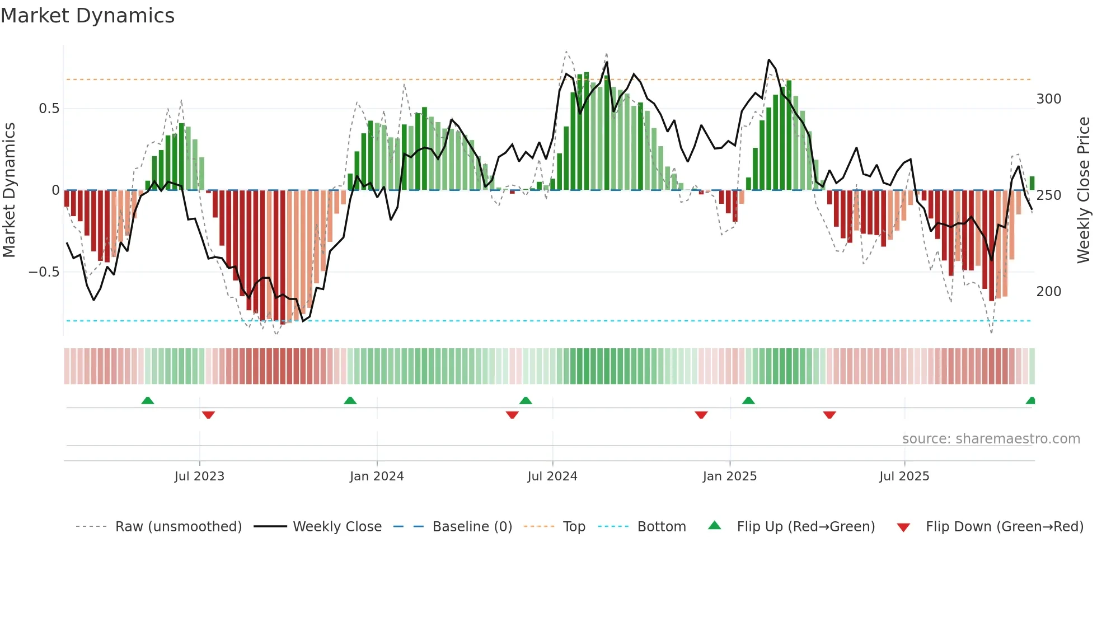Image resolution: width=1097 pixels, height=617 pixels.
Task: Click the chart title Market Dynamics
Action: pos(87,16)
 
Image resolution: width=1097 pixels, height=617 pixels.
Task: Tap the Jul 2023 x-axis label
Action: pos(199,476)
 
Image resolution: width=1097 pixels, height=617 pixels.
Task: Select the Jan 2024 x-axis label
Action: pos(377,476)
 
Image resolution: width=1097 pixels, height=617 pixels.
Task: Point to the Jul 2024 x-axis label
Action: pos(552,476)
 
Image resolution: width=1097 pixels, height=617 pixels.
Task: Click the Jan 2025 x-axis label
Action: pos(730,476)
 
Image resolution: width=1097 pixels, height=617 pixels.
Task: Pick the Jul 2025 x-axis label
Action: pos(904,476)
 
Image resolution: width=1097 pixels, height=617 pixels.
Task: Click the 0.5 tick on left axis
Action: pos(49,109)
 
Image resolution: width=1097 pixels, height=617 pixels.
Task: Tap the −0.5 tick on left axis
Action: pos(44,272)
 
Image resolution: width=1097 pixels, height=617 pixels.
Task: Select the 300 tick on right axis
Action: pos(1048,99)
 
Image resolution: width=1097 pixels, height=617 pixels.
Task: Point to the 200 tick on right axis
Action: pos(1048,292)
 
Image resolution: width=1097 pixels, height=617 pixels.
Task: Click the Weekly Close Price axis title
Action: pos(1084,190)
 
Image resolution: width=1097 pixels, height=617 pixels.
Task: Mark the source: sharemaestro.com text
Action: pos(991,439)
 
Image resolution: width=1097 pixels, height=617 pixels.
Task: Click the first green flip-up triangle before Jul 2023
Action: pos(148,401)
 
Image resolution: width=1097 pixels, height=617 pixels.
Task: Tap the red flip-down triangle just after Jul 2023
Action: pos(208,415)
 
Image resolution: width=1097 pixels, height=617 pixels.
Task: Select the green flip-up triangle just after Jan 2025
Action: pos(748,401)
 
